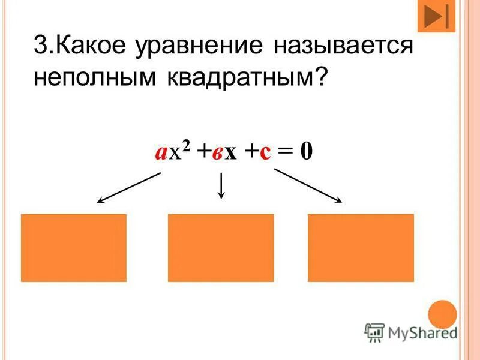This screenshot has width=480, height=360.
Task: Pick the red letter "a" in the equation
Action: [x=160, y=152]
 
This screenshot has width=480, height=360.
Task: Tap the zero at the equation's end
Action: [x=306, y=151]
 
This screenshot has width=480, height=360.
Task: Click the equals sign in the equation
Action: [x=287, y=152]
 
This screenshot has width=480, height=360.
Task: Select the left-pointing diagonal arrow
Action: [x=129, y=187]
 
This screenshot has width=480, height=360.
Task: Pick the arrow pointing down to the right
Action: [x=308, y=185]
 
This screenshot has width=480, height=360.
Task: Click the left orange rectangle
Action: [x=74, y=248]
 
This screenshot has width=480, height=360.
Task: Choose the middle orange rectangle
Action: [x=221, y=248]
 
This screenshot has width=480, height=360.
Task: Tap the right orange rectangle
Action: [x=361, y=248]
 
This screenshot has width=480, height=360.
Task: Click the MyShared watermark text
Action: [x=421, y=331]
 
